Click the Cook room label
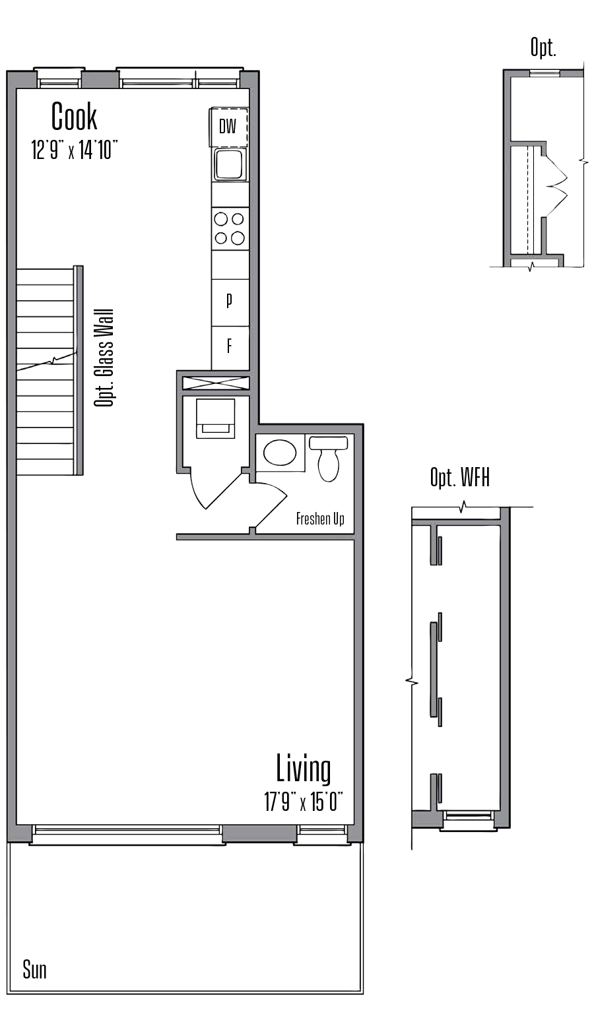(x=74, y=117)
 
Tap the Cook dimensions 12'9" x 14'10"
(x=74, y=150)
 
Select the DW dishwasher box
(x=228, y=127)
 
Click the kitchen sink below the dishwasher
(x=229, y=164)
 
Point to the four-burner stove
(x=230, y=228)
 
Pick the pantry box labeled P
(x=230, y=301)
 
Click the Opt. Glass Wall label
(x=104, y=358)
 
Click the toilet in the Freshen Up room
(x=328, y=459)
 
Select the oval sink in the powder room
(x=280, y=453)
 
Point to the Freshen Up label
(x=320, y=519)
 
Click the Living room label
(x=303, y=769)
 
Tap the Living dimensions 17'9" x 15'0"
(x=303, y=802)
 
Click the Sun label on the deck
(x=34, y=969)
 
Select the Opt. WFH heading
(x=460, y=478)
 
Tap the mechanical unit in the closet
(x=215, y=418)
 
